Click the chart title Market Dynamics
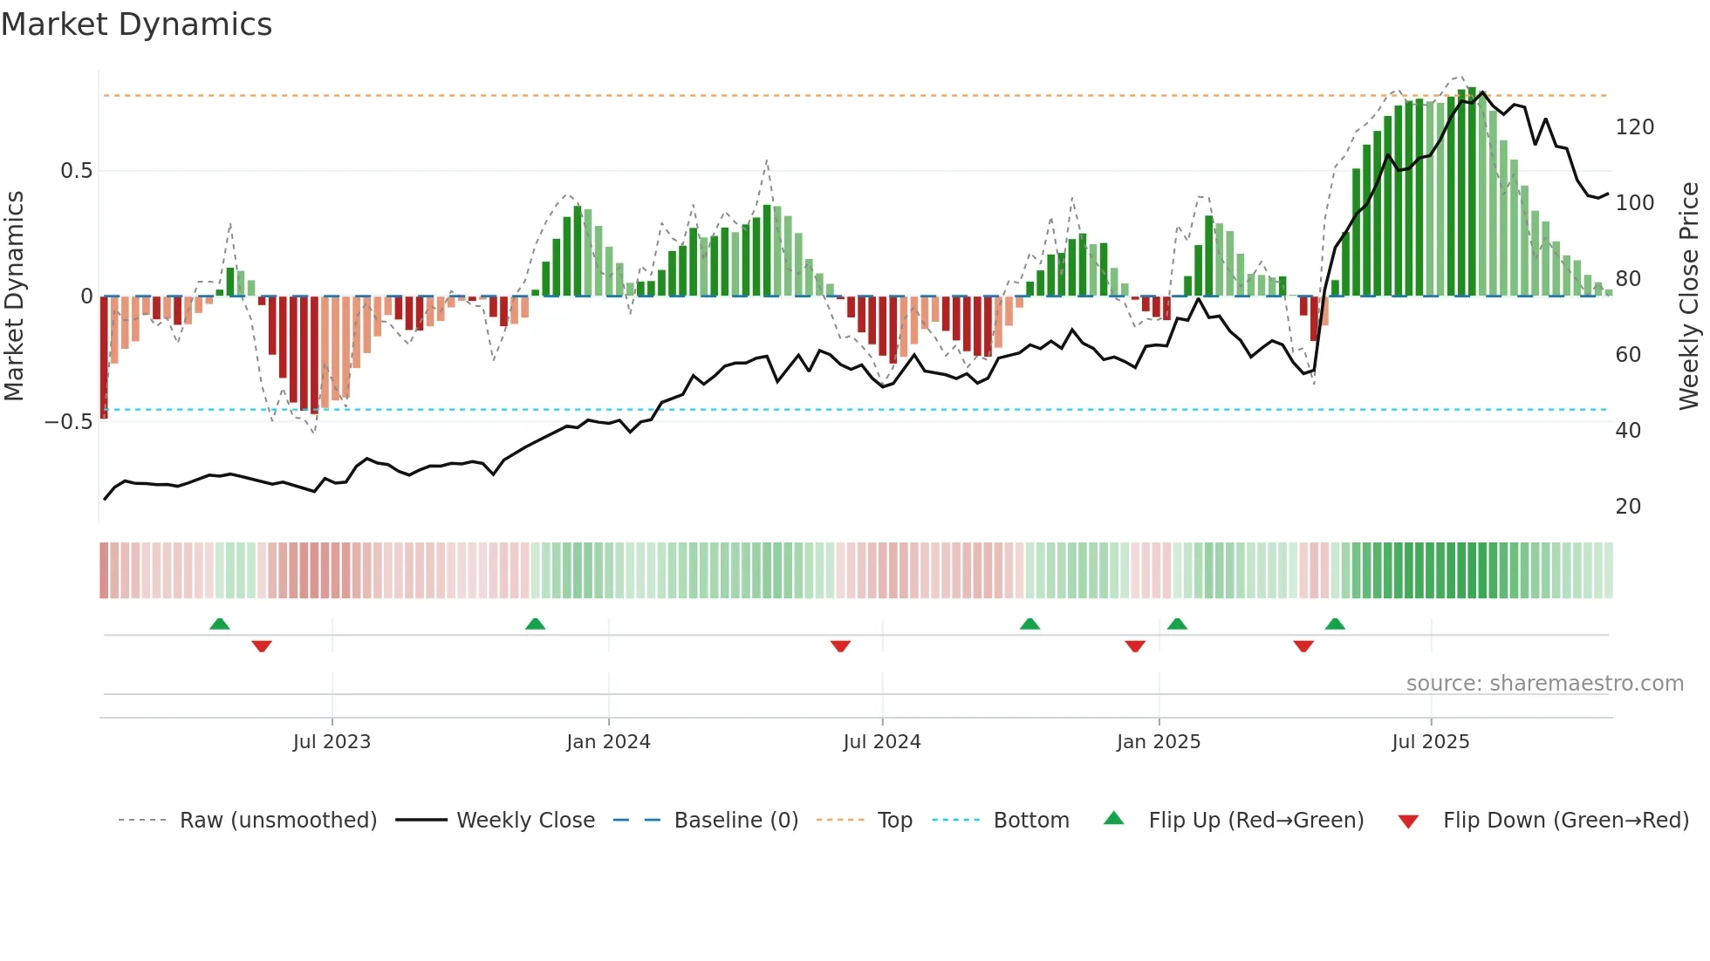137,24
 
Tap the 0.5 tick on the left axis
77,171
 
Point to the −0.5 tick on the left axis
69,422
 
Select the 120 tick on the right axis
1634,127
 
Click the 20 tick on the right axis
1628,507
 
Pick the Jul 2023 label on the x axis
332,742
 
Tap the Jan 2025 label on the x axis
1158,742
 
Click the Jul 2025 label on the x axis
1430,742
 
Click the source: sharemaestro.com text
1544,684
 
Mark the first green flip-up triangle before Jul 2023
220,624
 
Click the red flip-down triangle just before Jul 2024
840,646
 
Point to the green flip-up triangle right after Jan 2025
1177,624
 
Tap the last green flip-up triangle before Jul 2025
1335,624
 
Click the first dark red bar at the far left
105,358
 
